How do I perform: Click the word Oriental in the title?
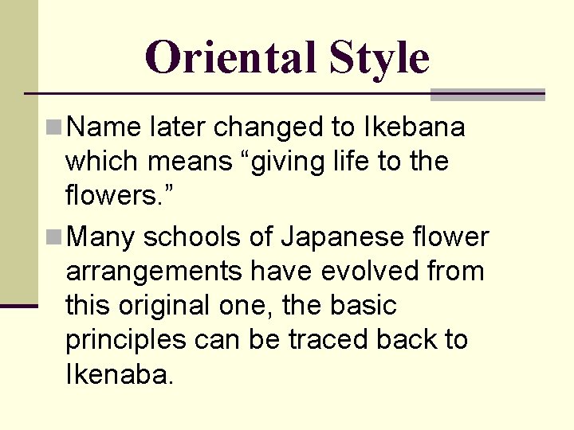point(230,57)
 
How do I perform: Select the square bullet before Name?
point(54,127)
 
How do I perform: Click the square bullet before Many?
point(54,236)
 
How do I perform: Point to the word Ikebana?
point(414,127)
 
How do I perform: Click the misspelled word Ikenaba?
point(119,374)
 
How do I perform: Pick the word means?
point(189,162)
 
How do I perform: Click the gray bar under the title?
point(487,95)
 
